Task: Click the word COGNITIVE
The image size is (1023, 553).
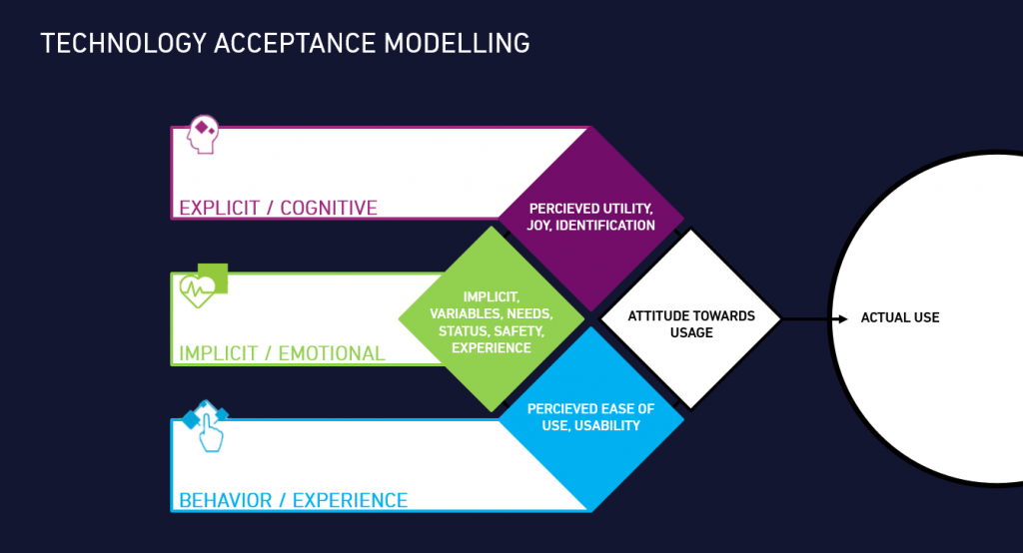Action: [329, 208]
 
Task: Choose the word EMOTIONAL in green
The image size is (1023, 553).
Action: [334, 353]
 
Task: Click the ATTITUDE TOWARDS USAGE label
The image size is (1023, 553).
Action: [691, 323]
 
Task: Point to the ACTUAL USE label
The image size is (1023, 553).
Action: [900, 318]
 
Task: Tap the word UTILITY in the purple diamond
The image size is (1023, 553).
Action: [619, 209]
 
